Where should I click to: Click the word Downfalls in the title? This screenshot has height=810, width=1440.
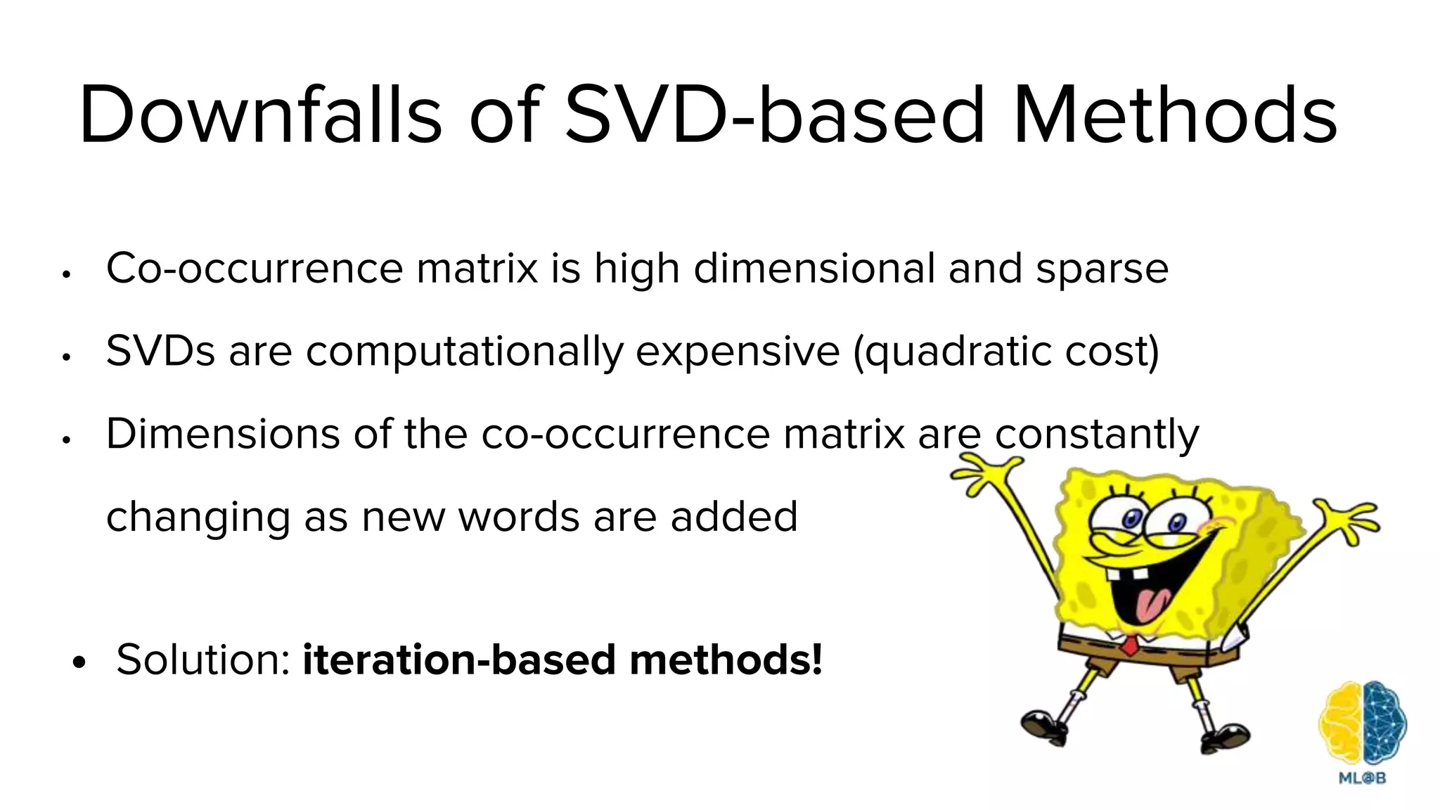(x=260, y=114)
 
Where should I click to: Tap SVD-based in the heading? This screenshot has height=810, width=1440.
(x=774, y=114)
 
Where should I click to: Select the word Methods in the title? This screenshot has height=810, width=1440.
(x=1175, y=114)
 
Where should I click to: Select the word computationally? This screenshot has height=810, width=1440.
(x=464, y=352)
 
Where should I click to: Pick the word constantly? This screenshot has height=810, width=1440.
(x=1097, y=433)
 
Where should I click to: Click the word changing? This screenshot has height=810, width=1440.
(x=198, y=517)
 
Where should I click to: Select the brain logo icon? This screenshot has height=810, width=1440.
(x=1362, y=724)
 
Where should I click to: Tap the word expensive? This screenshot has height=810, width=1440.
(x=738, y=352)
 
